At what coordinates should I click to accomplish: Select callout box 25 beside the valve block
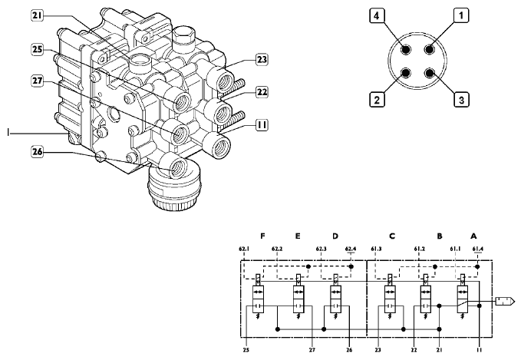pos(37,50)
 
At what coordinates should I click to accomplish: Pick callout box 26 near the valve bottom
pos(37,151)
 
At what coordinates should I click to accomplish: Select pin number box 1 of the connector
pos(460,15)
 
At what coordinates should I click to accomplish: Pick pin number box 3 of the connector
pos(460,99)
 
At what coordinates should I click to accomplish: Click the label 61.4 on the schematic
pos(479,249)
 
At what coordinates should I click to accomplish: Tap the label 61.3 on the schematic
pos(376,249)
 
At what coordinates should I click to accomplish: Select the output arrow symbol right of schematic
pos(505,300)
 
